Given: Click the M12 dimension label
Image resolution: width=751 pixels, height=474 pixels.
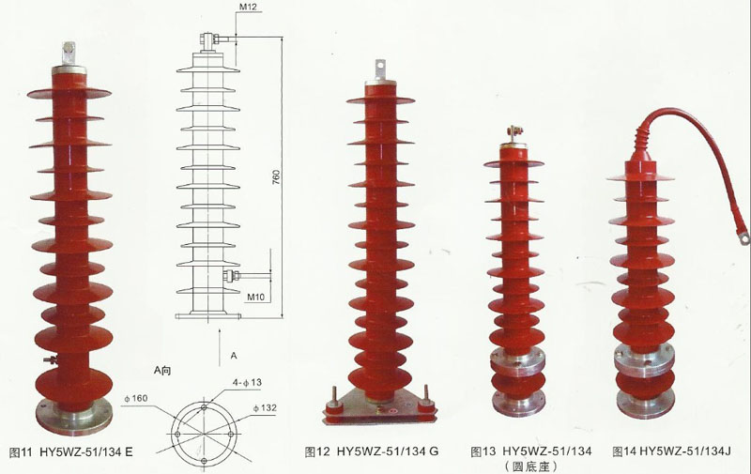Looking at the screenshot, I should coord(250,8).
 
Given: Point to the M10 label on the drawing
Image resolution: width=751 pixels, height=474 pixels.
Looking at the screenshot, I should coord(256,297).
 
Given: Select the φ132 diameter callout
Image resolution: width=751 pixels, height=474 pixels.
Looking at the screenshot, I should coord(265,409).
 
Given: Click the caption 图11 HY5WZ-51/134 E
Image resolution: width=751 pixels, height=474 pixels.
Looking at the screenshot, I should coord(70,452).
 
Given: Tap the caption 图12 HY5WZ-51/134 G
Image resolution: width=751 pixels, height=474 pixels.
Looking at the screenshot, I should coord(372,452).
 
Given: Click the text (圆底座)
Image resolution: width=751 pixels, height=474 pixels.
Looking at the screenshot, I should coord(531,466).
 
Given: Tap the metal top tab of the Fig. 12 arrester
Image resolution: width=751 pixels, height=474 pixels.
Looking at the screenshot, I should coord(380,71).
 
